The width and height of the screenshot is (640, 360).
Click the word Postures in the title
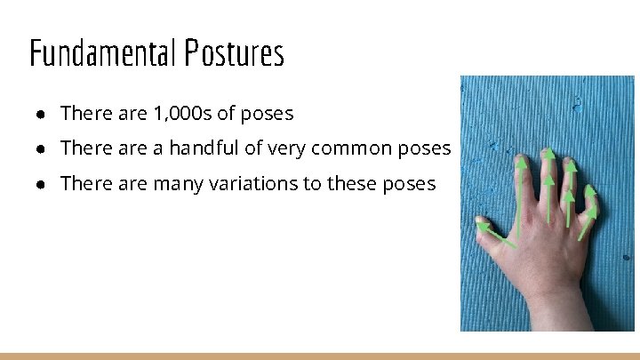coord(235,53)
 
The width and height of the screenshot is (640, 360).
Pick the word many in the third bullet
coord(179,183)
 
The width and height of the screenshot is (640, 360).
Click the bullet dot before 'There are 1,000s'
coord(42,115)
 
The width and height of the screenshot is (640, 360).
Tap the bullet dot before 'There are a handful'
coord(42,149)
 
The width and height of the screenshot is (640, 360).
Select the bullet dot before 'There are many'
coord(42,184)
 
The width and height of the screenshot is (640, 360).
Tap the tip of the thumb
coord(480,222)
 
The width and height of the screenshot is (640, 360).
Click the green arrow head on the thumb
coord(483,227)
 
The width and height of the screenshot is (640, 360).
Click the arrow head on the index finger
coord(522,164)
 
